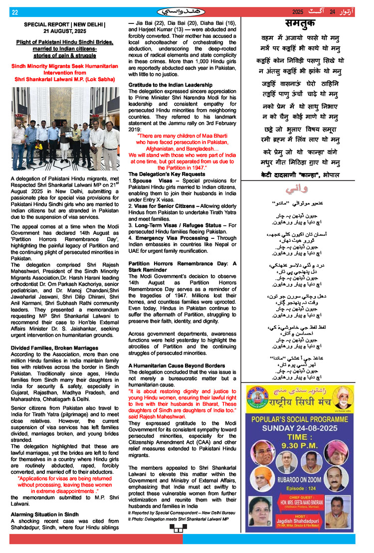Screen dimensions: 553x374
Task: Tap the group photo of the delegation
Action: coord(65,130)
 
